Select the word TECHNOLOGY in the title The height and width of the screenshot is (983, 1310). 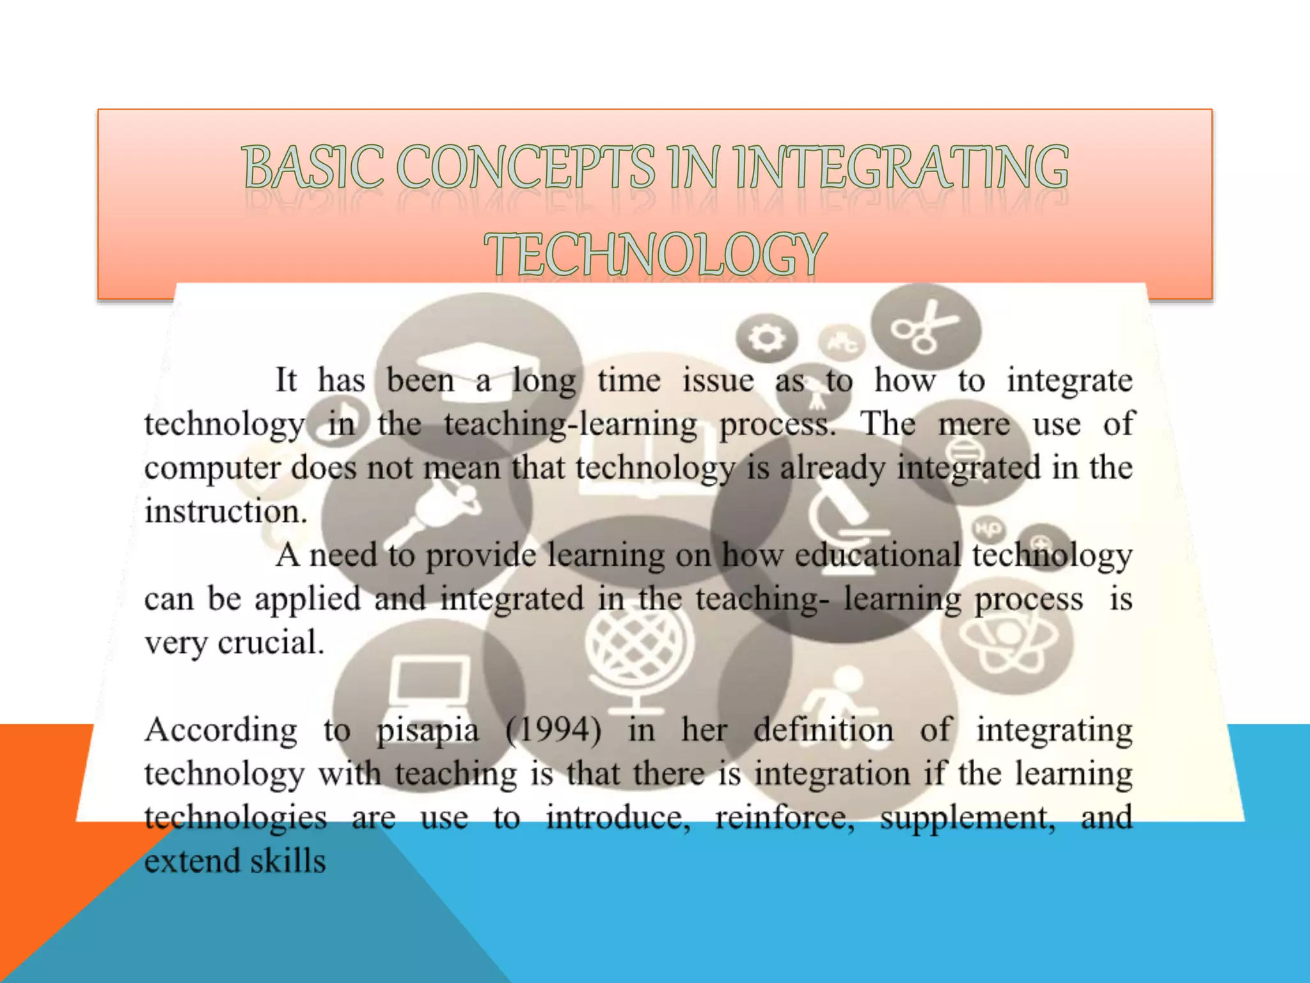(x=655, y=254)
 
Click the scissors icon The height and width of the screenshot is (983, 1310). (x=925, y=327)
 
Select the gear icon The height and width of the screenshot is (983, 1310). (x=766, y=337)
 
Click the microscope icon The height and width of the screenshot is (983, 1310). (x=844, y=512)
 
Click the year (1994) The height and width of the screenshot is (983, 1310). (x=553, y=731)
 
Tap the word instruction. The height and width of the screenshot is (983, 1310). (x=225, y=512)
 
